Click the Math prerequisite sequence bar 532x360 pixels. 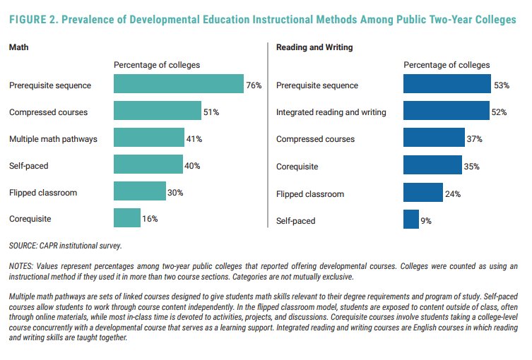178,85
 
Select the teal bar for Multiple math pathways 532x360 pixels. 148,138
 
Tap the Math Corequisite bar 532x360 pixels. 126,219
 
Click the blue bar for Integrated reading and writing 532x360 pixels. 446,112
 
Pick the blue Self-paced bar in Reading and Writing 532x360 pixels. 410,220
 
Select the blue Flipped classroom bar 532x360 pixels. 422,193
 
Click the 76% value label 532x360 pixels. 254,85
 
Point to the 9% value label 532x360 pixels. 426,221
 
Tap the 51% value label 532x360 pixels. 211,112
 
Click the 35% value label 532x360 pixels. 472,167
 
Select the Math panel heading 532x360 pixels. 18,47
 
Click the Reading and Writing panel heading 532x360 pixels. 314,47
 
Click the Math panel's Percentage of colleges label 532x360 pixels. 157,65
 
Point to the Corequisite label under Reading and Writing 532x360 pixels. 297,167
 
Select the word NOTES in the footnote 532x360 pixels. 23,266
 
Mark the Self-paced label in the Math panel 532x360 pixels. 29,166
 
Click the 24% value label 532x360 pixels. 452,193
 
